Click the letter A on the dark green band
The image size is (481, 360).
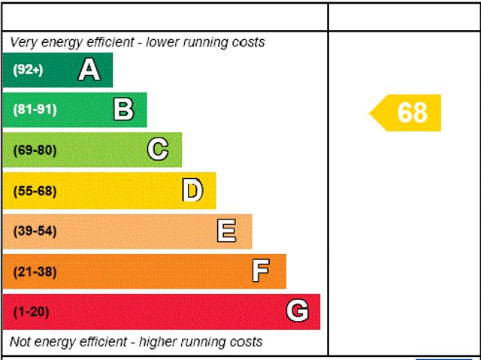(x=89, y=70)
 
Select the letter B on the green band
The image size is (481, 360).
(x=123, y=110)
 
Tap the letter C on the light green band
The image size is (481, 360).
(x=158, y=150)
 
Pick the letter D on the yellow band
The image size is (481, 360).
(x=192, y=191)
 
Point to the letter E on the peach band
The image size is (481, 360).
(x=226, y=231)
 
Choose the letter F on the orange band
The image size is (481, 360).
(x=261, y=271)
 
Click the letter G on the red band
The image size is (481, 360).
(x=298, y=311)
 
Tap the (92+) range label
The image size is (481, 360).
(x=28, y=71)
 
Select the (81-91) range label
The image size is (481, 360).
(x=35, y=110)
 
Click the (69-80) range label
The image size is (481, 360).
(x=35, y=150)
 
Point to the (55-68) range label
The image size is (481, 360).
(x=35, y=191)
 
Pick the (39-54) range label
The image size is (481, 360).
(x=35, y=231)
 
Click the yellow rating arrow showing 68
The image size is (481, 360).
(x=410, y=113)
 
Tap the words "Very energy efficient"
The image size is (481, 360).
(x=65, y=43)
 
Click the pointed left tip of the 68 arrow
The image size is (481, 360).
(x=371, y=113)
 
